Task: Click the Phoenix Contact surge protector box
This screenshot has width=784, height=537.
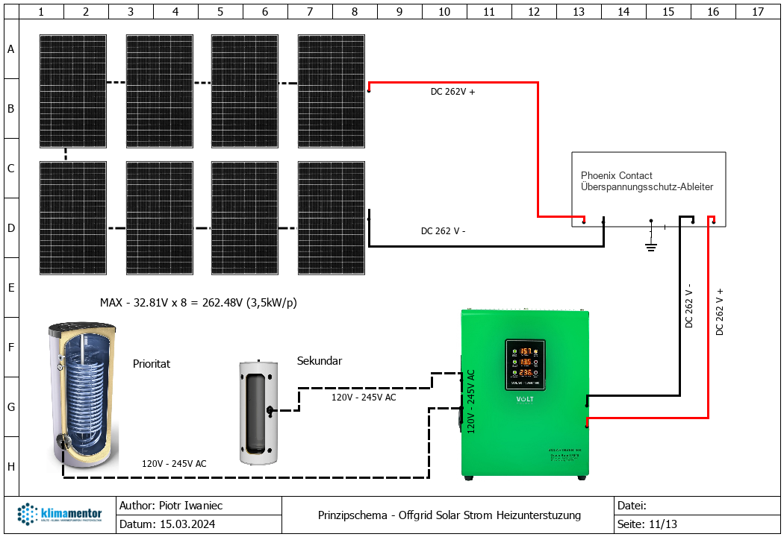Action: (x=648, y=189)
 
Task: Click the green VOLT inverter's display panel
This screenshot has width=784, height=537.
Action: (x=525, y=364)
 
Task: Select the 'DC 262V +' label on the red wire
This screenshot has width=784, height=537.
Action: (x=452, y=92)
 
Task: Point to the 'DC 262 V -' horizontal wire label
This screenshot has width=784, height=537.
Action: (x=443, y=231)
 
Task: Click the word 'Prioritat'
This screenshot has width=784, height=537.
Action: (x=152, y=364)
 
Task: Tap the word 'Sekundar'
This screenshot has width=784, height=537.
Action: (x=320, y=361)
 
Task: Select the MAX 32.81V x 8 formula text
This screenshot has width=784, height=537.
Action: (x=199, y=303)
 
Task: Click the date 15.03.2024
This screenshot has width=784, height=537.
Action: (x=187, y=524)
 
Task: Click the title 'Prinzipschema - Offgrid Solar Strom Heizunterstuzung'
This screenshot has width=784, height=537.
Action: (x=449, y=515)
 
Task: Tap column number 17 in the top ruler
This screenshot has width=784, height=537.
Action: (x=758, y=11)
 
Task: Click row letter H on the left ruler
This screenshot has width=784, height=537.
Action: (x=10, y=466)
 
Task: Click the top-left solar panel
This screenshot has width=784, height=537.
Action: (x=72, y=91)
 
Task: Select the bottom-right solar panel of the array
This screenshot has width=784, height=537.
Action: (x=332, y=218)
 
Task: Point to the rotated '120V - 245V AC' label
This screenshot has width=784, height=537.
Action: (x=470, y=401)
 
